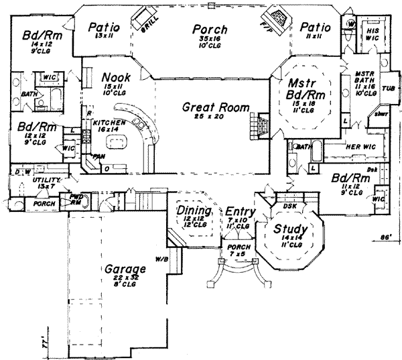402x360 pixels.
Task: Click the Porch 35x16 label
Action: point(209,30)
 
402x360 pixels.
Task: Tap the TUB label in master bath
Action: point(389,88)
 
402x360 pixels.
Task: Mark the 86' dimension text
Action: point(385,237)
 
